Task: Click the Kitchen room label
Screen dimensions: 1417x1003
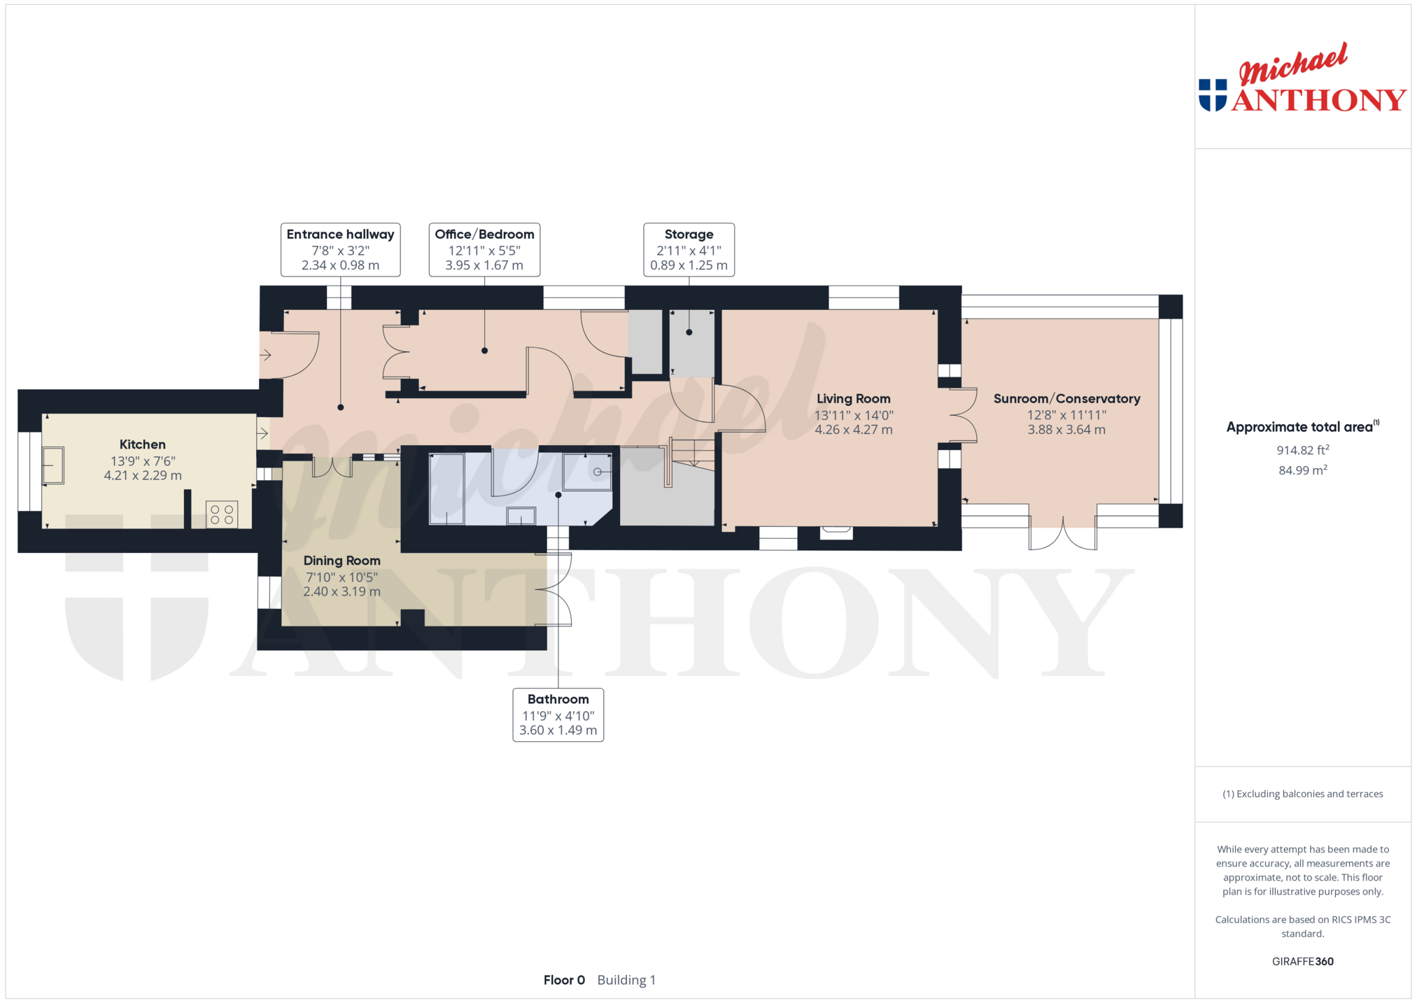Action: click(143, 444)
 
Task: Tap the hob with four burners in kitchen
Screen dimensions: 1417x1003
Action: click(222, 514)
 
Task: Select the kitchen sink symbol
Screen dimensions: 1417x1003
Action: click(53, 465)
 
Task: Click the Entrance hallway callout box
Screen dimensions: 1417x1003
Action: click(340, 250)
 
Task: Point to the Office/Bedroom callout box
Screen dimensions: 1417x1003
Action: click(484, 250)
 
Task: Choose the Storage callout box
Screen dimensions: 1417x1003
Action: click(689, 250)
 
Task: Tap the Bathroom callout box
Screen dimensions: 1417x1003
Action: click(558, 715)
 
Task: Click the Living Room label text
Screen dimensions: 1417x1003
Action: click(854, 399)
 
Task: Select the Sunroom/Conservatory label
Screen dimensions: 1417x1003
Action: click(1066, 399)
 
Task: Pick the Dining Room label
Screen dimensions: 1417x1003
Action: click(342, 561)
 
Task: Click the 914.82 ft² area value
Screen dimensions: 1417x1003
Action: click(1302, 450)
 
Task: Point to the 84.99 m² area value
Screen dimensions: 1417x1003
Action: click(1302, 470)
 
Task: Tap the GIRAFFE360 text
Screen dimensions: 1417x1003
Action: click(1302, 961)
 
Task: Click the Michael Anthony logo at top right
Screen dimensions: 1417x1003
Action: click(1302, 78)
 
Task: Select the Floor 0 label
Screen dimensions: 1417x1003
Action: click(564, 980)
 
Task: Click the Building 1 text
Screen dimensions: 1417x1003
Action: click(626, 980)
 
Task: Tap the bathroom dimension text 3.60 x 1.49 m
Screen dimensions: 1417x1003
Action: click(558, 731)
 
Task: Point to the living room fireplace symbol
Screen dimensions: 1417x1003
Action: click(836, 532)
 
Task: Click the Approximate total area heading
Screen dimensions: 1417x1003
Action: click(1302, 426)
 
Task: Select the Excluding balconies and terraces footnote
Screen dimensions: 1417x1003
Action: click(1302, 794)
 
